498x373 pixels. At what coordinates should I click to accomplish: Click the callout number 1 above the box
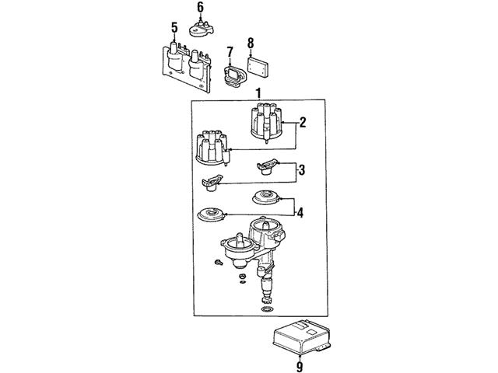point(259,94)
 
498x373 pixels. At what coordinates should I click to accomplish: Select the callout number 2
point(303,123)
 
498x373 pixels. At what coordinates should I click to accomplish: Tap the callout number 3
point(301,169)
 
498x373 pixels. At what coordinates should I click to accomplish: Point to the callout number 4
point(300,212)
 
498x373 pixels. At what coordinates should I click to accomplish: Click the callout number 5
point(174,28)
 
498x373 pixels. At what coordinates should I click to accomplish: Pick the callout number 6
point(200,7)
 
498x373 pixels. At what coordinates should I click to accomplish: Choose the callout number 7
point(230,52)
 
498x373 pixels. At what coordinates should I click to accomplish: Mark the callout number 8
point(251,43)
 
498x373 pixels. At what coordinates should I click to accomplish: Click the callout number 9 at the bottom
point(300,367)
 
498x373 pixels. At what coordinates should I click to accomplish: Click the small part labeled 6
point(202,29)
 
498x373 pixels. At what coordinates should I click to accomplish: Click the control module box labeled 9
point(301,336)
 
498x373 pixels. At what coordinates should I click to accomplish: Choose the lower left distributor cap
point(212,148)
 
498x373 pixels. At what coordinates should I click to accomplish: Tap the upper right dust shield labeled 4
point(265,197)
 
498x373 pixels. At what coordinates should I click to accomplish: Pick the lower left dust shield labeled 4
point(211,214)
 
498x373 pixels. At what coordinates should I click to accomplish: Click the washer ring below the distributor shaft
point(267,309)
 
